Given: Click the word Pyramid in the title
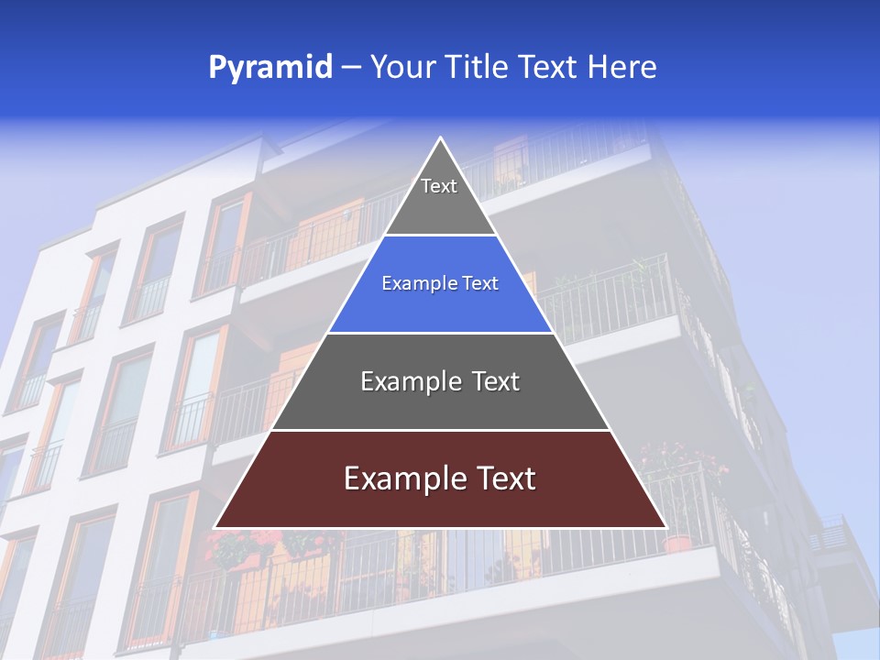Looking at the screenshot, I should (x=269, y=68).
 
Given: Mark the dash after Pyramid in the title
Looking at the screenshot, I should (x=351, y=68).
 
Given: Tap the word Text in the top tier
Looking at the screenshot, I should (x=439, y=186).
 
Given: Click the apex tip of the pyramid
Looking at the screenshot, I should (x=441, y=138).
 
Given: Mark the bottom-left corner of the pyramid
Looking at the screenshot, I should (x=215, y=527).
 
